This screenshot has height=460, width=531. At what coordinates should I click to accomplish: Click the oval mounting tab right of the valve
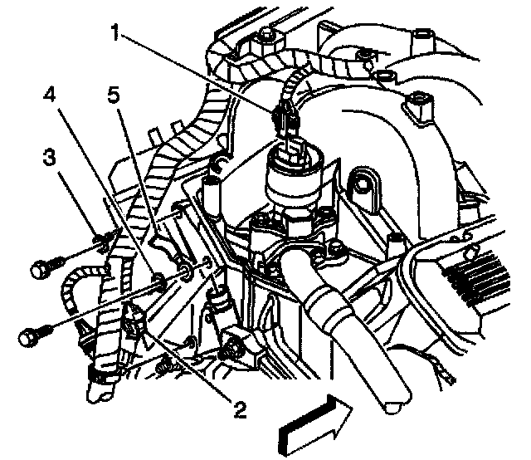pos(362,188)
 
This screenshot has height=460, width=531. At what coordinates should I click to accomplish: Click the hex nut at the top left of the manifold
pos(266,36)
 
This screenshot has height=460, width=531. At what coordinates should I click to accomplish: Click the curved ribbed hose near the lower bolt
pos(78,295)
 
